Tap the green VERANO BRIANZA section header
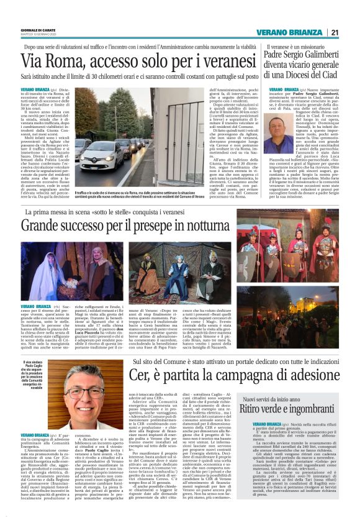click(289, 33)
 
